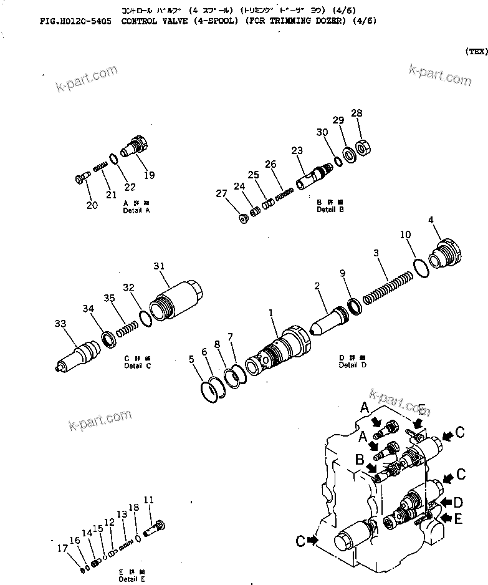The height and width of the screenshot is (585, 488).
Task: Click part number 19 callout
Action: click(x=149, y=175)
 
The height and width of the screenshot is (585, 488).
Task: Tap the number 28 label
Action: click(x=356, y=114)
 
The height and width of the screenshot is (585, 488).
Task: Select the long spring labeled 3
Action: click(x=387, y=281)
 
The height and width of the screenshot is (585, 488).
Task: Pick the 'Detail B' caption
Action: click(x=330, y=210)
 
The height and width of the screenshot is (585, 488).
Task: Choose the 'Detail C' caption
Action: click(x=138, y=365)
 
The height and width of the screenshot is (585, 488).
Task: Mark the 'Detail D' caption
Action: click(x=348, y=365)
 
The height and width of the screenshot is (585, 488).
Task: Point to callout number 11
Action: click(x=148, y=500)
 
